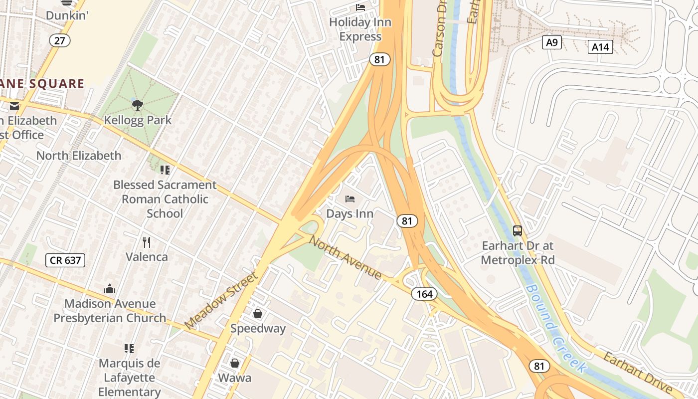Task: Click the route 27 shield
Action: [59, 40]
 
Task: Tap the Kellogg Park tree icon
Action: [137, 105]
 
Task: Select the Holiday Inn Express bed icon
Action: [360, 7]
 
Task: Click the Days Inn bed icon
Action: [350, 199]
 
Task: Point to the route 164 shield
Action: [424, 294]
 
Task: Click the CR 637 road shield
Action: [65, 260]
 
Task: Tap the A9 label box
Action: [551, 42]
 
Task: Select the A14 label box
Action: [600, 47]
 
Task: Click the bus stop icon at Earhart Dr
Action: [518, 231]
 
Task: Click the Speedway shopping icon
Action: [258, 314]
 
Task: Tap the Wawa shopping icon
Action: [235, 363]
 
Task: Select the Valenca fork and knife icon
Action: [147, 242]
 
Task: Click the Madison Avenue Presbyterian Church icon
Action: [110, 289]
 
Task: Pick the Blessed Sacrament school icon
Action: [165, 170]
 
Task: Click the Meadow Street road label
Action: [221, 300]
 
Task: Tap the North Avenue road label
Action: [345, 257]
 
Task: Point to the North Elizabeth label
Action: [79, 156]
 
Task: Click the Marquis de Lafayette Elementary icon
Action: [129, 348]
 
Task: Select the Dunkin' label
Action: [67, 15]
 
